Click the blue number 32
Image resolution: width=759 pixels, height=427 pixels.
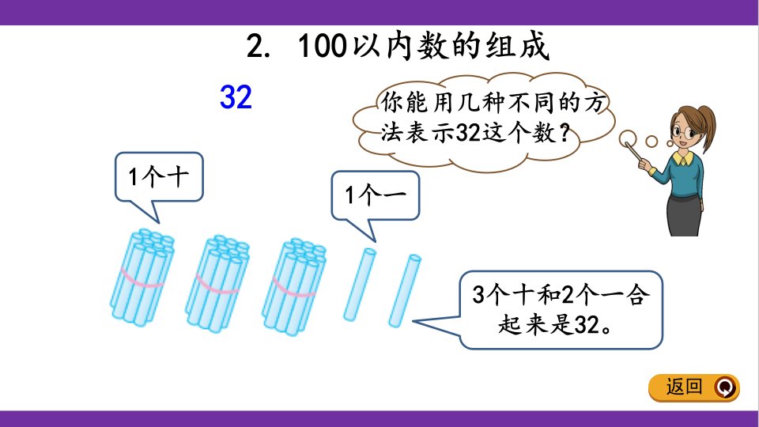236,96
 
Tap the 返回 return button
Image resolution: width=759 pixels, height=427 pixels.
694,387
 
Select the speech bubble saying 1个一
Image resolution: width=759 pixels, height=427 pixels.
375,196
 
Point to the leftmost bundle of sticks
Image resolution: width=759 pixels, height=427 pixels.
142,277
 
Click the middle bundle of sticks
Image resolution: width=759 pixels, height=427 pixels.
217,284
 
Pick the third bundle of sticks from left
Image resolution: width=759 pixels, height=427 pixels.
294,286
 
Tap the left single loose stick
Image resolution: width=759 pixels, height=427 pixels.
360,285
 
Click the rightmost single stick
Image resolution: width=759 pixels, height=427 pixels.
405,290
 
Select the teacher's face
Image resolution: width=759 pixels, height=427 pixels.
684,129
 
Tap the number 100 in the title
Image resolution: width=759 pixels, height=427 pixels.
323,46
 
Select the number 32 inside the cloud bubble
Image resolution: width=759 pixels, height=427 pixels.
468,132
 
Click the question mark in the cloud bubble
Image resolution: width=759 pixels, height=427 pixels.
563,132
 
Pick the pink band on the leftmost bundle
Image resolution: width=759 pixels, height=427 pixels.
142,281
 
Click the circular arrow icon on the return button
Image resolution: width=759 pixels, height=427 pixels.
725,387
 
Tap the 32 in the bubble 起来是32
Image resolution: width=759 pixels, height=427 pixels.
587,325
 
